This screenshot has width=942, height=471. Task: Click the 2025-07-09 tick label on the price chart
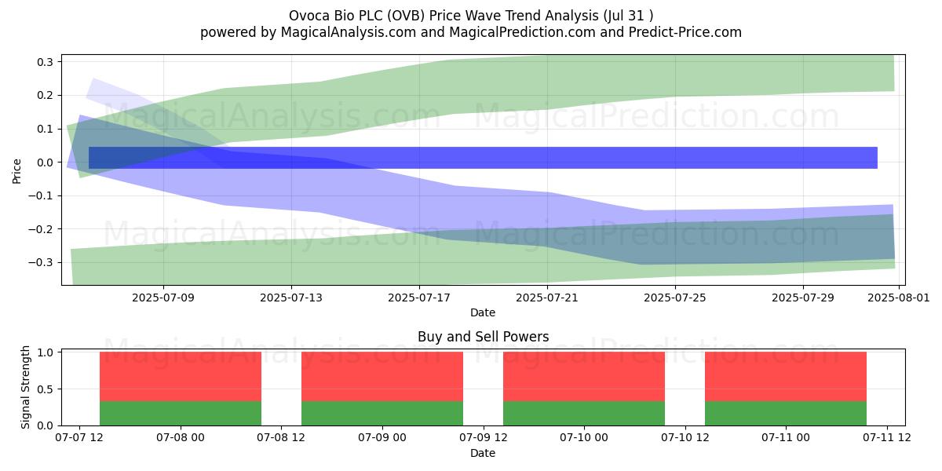click(x=163, y=298)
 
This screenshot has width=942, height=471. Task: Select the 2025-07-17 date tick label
click(x=419, y=298)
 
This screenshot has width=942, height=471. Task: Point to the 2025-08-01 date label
click(x=899, y=298)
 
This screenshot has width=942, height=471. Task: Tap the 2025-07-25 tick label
click(x=675, y=298)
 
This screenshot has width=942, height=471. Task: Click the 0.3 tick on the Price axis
click(x=45, y=62)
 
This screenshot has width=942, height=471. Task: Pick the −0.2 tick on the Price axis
click(x=41, y=229)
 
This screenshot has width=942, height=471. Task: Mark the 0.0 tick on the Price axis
click(x=45, y=162)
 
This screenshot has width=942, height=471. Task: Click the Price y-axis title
click(x=16, y=171)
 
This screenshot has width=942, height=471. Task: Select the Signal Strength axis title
click(x=25, y=387)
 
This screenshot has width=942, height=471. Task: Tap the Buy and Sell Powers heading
click(x=484, y=337)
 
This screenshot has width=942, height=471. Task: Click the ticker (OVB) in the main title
click(x=405, y=16)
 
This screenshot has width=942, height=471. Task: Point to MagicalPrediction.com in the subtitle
click(x=522, y=32)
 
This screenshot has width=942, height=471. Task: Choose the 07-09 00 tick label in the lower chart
click(x=382, y=438)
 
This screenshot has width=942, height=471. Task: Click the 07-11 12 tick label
click(x=887, y=438)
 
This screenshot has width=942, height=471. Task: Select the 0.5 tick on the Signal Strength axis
click(x=45, y=389)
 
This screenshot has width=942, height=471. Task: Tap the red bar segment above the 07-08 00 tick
click(x=181, y=377)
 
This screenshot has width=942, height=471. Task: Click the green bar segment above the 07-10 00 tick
click(x=584, y=414)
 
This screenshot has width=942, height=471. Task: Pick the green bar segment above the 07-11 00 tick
click(x=786, y=414)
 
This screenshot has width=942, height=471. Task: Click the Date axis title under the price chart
click(x=483, y=313)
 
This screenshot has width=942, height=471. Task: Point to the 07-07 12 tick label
click(x=79, y=438)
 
